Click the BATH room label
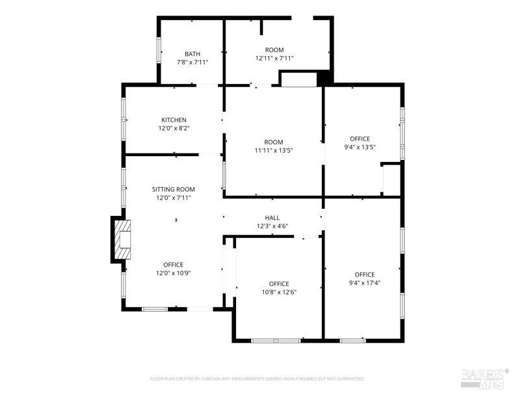(x=192, y=54)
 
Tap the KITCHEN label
(x=174, y=120)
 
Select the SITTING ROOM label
(x=174, y=189)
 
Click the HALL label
(x=272, y=217)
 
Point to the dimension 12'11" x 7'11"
(x=274, y=58)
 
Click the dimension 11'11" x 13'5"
(x=274, y=150)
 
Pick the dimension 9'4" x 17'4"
(x=365, y=283)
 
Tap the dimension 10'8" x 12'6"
(x=279, y=292)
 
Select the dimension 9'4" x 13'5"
(x=360, y=147)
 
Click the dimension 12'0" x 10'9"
(x=174, y=273)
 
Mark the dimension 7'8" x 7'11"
(x=192, y=62)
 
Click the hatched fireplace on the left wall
(x=122, y=240)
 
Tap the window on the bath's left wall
(x=159, y=49)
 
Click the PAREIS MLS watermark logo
(x=483, y=379)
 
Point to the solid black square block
(x=323, y=79)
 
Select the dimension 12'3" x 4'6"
(x=272, y=226)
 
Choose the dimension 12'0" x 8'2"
(x=174, y=128)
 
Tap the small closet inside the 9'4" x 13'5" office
(x=391, y=179)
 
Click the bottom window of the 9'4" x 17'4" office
(x=352, y=341)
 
